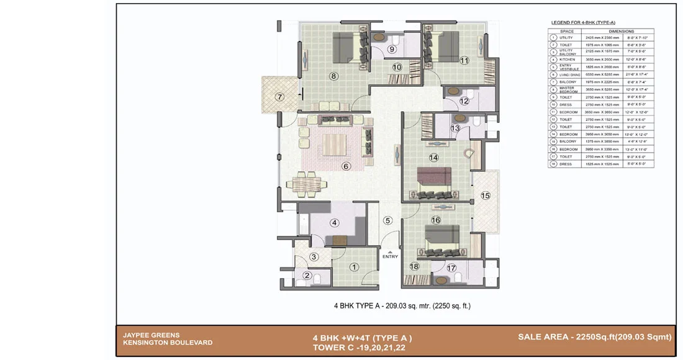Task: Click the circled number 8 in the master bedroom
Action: tap(333, 76)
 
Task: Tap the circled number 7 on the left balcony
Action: tap(279, 97)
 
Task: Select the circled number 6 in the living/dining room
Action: tap(346, 166)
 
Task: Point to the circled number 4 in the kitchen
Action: tap(334, 223)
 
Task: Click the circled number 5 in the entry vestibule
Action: tap(387, 220)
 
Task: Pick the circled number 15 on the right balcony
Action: tap(486, 196)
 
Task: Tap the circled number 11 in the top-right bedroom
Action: tap(464, 60)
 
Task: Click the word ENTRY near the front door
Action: tap(390, 256)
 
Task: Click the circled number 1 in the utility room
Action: tap(355, 267)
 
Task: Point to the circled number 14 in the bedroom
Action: tap(433, 158)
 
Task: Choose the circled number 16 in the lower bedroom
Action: tap(435, 220)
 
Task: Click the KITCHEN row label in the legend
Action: tap(568, 60)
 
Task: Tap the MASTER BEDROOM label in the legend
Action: tap(568, 89)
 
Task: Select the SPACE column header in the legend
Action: tap(567, 30)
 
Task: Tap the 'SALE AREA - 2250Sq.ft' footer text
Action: tap(595, 336)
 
